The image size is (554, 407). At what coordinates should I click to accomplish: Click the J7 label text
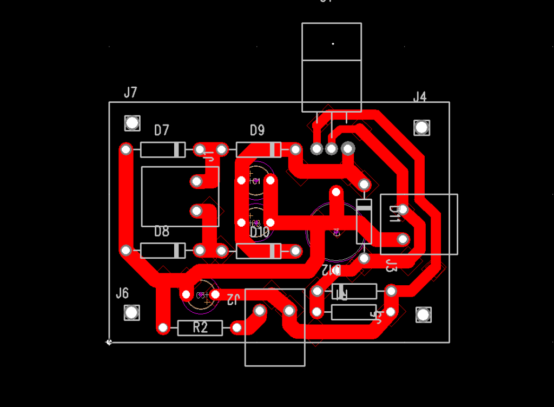point(130,93)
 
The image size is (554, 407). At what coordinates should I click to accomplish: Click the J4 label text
point(420,97)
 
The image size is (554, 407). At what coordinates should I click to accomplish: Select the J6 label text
point(122,293)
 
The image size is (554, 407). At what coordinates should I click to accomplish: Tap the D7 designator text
point(162,130)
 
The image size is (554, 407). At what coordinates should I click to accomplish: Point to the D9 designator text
point(258,130)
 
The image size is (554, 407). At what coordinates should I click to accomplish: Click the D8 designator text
point(162,232)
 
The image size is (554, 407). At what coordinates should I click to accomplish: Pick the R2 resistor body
point(200,327)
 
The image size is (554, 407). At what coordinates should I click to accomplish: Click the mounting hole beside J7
point(132,123)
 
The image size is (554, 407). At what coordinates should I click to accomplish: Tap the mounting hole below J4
point(422,128)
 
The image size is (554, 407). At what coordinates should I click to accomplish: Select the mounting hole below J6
point(131,312)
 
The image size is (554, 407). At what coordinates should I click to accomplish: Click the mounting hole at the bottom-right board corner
point(423,314)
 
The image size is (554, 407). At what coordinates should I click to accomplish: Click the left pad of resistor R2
point(163,327)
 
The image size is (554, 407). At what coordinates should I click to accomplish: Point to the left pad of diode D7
point(126,149)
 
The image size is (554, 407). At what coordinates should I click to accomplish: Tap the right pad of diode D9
point(295,149)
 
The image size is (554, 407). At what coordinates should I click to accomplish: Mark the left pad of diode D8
point(126,251)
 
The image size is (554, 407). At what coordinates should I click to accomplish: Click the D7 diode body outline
point(162,149)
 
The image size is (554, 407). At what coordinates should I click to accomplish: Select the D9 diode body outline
point(259,149)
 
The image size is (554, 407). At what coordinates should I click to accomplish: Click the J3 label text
point(391,266)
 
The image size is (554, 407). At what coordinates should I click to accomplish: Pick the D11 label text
point(394,213)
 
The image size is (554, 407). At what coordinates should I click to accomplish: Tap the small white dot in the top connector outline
point(333,43)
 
